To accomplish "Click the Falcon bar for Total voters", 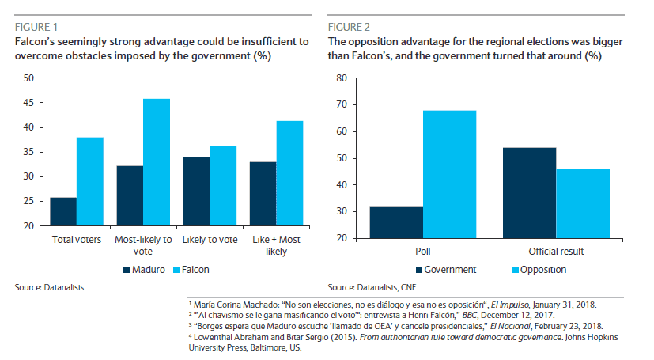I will pyautogui.click(x=89, y=182).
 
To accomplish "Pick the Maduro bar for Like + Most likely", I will pyautogui.click(x=263, y=197).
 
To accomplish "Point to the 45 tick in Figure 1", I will pyautogui.click(x=28, y=103).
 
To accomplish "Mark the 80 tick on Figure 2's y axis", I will pyautogui.click(x=342, y=78).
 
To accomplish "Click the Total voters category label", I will pyautogui.click(x=76, y=239).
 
